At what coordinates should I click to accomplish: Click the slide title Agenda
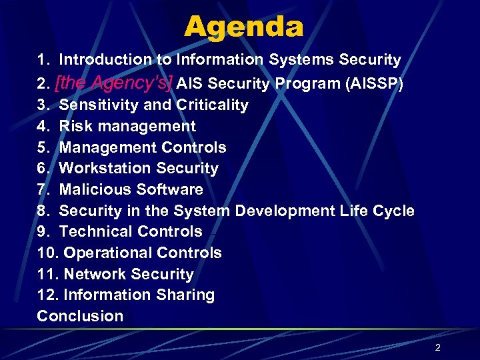[x=243, y=27]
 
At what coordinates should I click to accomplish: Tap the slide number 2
[x=438, y=347]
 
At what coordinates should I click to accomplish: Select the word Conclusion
[x=80, y=317]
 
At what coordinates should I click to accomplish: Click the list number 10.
[x=47, y=253]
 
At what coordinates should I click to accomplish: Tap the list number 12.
[x=47, y=295]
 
